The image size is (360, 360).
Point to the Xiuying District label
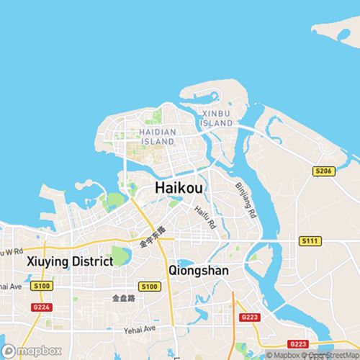(x=69, y=261)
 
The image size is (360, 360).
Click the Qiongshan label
(x=198, y=271)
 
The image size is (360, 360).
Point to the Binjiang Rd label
(x=246, y=200)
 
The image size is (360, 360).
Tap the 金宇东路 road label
(x=153, y=238)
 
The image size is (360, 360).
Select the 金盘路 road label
(x=124, y=297)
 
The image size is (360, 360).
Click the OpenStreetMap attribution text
(x=333, y=354)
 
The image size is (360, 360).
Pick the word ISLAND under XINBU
(x=217, y=124)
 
